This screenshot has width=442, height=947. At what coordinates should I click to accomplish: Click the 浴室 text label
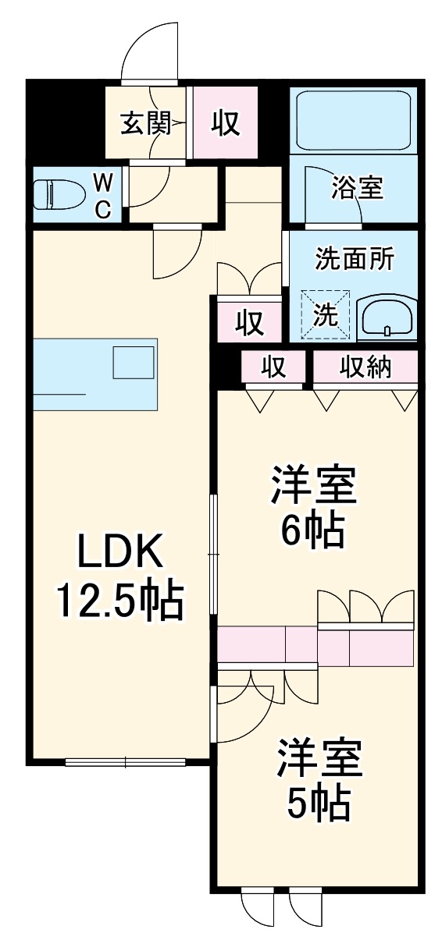point(357,187)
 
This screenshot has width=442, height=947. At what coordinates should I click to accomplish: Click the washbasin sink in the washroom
point(387,318)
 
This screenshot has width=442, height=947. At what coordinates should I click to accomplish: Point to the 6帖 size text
point(313,532)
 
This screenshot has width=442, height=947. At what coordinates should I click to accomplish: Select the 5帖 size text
point(318,803)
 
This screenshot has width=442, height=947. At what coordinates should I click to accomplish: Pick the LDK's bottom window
point(125,762)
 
